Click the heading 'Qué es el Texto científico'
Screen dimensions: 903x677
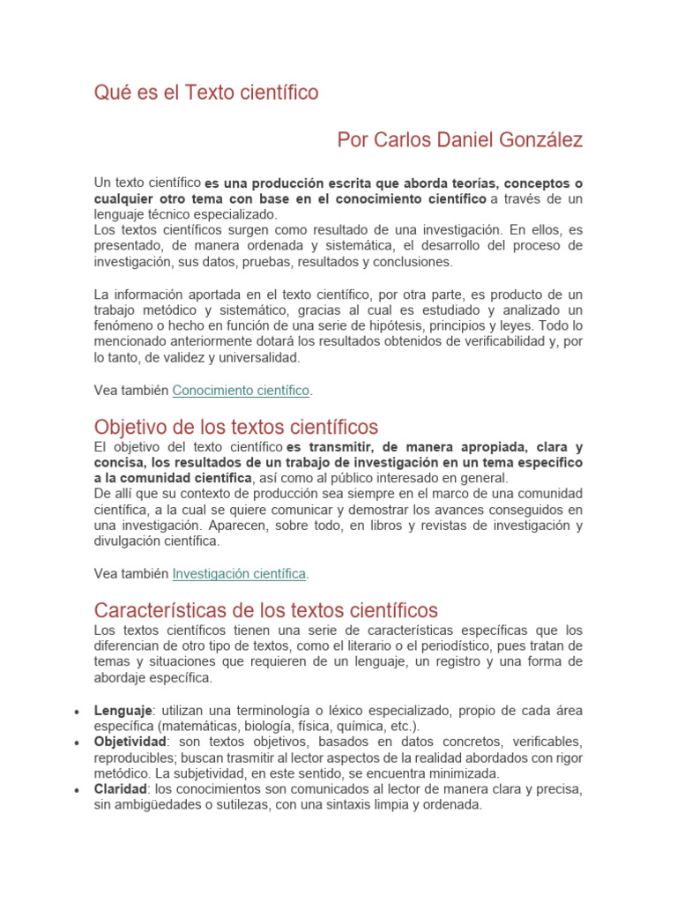coord(206,93)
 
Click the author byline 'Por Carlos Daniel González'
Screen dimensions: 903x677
coord(459,140)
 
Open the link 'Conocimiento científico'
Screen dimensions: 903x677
coord(241,390)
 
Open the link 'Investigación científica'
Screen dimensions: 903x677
coord(239,573)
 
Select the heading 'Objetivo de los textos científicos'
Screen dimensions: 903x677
coord(235,428)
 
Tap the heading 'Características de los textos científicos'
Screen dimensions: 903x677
coord(265,610)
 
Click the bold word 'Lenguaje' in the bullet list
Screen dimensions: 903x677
coord(123,711)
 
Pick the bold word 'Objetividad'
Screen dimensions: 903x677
coord(130,742)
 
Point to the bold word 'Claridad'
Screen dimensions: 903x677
coord(121,789)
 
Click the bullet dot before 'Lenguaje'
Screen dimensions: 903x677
coord(78,712)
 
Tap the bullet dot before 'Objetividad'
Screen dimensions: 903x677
coord(78,743)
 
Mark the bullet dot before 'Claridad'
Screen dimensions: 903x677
coord(78,790)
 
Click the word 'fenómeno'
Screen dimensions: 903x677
coord(122,326)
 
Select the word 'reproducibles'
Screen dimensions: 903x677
coord(134,757)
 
